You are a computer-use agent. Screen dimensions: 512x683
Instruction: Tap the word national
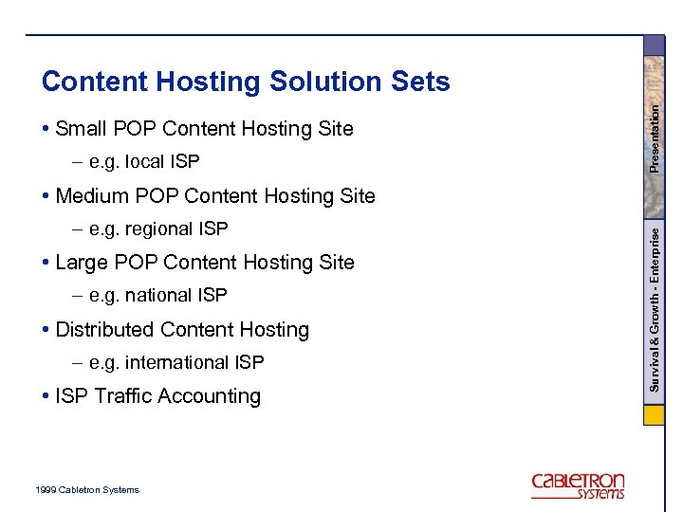click(161, 296)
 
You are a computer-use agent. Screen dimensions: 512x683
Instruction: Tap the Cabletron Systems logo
click(578, 485)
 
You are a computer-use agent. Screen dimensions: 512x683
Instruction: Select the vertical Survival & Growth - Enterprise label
click(655, 304)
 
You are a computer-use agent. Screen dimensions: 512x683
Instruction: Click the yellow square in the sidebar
click(655, 416)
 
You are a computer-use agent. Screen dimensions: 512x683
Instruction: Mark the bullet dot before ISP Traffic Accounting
click(46, 397)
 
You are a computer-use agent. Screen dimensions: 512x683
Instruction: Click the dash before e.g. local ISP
click(76, 162)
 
